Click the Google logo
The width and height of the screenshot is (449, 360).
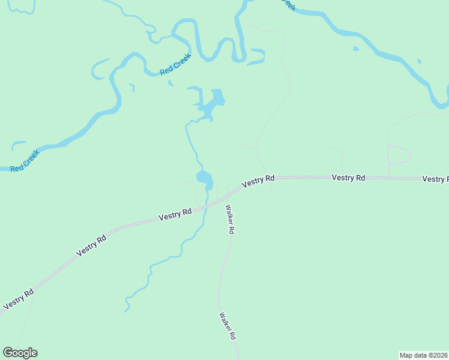20,353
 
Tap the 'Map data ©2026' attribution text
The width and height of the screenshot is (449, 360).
424,355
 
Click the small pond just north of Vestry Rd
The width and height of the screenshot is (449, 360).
204,178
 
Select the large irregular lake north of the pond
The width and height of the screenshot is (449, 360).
211,104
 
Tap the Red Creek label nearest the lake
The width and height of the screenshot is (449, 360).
175,65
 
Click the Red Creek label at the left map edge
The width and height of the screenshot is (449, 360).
25,161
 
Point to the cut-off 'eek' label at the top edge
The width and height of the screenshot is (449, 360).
289,5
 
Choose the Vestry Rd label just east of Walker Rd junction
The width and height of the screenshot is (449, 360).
258,180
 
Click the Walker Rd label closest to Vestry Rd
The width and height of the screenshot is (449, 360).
229,220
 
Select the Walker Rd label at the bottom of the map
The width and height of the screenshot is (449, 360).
226,326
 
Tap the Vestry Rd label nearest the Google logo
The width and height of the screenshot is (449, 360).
18,299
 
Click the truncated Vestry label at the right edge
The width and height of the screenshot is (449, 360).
435,179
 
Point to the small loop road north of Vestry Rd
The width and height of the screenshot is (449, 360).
400,155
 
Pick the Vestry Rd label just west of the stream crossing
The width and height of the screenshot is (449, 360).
175,214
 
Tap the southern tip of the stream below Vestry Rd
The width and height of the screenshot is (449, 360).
126,311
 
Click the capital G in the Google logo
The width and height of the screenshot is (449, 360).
8,353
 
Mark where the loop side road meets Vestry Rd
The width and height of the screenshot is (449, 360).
388,178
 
